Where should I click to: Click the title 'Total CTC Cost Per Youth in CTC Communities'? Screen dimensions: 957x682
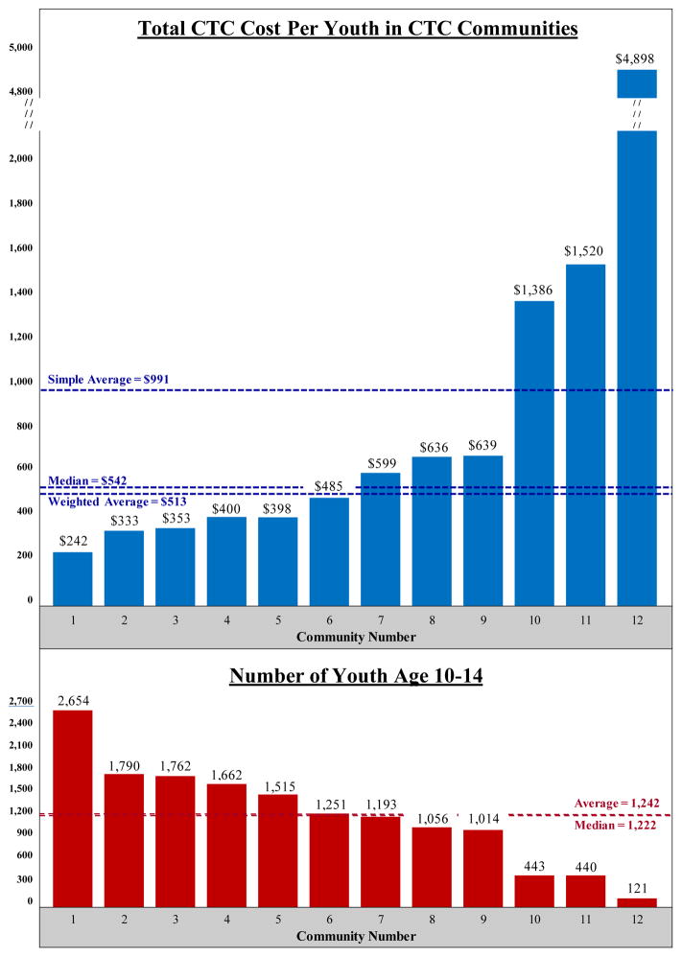coord(358,29)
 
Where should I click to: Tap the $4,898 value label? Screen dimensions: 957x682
coord(636,58)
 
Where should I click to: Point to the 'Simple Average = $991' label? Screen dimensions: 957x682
coord(108,379)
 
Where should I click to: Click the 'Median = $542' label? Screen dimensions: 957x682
coord(86,480)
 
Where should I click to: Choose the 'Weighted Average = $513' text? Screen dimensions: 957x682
coord(117,502)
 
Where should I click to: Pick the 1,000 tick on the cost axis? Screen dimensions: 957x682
coord(20,381)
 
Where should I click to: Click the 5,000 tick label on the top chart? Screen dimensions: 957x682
coord(20,47)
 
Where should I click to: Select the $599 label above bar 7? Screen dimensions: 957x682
coord(380,463)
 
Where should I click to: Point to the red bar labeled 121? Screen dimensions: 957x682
coord(636,901)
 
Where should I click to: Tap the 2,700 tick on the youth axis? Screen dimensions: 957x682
coord(20,701)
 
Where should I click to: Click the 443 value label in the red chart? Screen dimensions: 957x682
coord(534,865)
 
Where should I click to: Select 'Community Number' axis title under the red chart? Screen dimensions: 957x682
coord(356,935)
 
